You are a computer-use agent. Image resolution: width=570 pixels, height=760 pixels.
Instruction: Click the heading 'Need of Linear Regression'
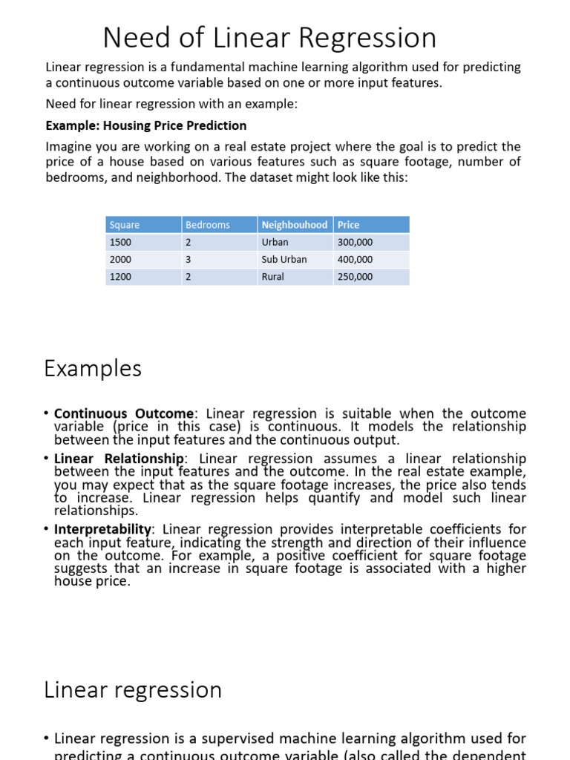269,37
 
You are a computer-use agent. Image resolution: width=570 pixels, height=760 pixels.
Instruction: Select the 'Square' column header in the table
125,225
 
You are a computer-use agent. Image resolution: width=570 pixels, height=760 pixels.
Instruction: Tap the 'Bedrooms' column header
208,225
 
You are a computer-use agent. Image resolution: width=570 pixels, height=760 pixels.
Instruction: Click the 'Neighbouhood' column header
295,225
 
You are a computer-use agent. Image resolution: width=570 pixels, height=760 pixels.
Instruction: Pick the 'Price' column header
349,225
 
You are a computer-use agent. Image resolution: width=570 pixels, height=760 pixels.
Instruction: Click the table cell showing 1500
120,243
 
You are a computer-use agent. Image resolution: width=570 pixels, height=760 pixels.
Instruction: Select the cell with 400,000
356,260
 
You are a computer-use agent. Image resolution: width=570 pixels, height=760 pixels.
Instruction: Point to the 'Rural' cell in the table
272,277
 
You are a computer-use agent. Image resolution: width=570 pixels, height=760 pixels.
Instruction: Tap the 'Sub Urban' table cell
284,260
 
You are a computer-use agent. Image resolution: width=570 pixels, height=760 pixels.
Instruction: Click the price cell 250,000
356,277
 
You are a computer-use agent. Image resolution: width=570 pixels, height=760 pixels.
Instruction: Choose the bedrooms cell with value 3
189,260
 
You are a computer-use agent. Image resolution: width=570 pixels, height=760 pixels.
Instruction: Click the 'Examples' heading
93,368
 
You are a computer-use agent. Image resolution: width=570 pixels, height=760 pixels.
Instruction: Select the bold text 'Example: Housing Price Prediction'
146,125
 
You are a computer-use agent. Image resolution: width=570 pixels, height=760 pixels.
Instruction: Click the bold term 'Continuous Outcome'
124,413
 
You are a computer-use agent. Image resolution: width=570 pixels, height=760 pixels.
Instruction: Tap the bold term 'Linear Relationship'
119,459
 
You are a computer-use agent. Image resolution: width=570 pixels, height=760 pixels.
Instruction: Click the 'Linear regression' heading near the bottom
133,689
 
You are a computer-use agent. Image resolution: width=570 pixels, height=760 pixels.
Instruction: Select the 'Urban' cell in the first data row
275,243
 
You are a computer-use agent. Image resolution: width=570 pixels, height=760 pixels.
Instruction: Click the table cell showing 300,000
356,243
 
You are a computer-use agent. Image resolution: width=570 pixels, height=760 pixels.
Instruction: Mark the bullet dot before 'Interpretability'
47,530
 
